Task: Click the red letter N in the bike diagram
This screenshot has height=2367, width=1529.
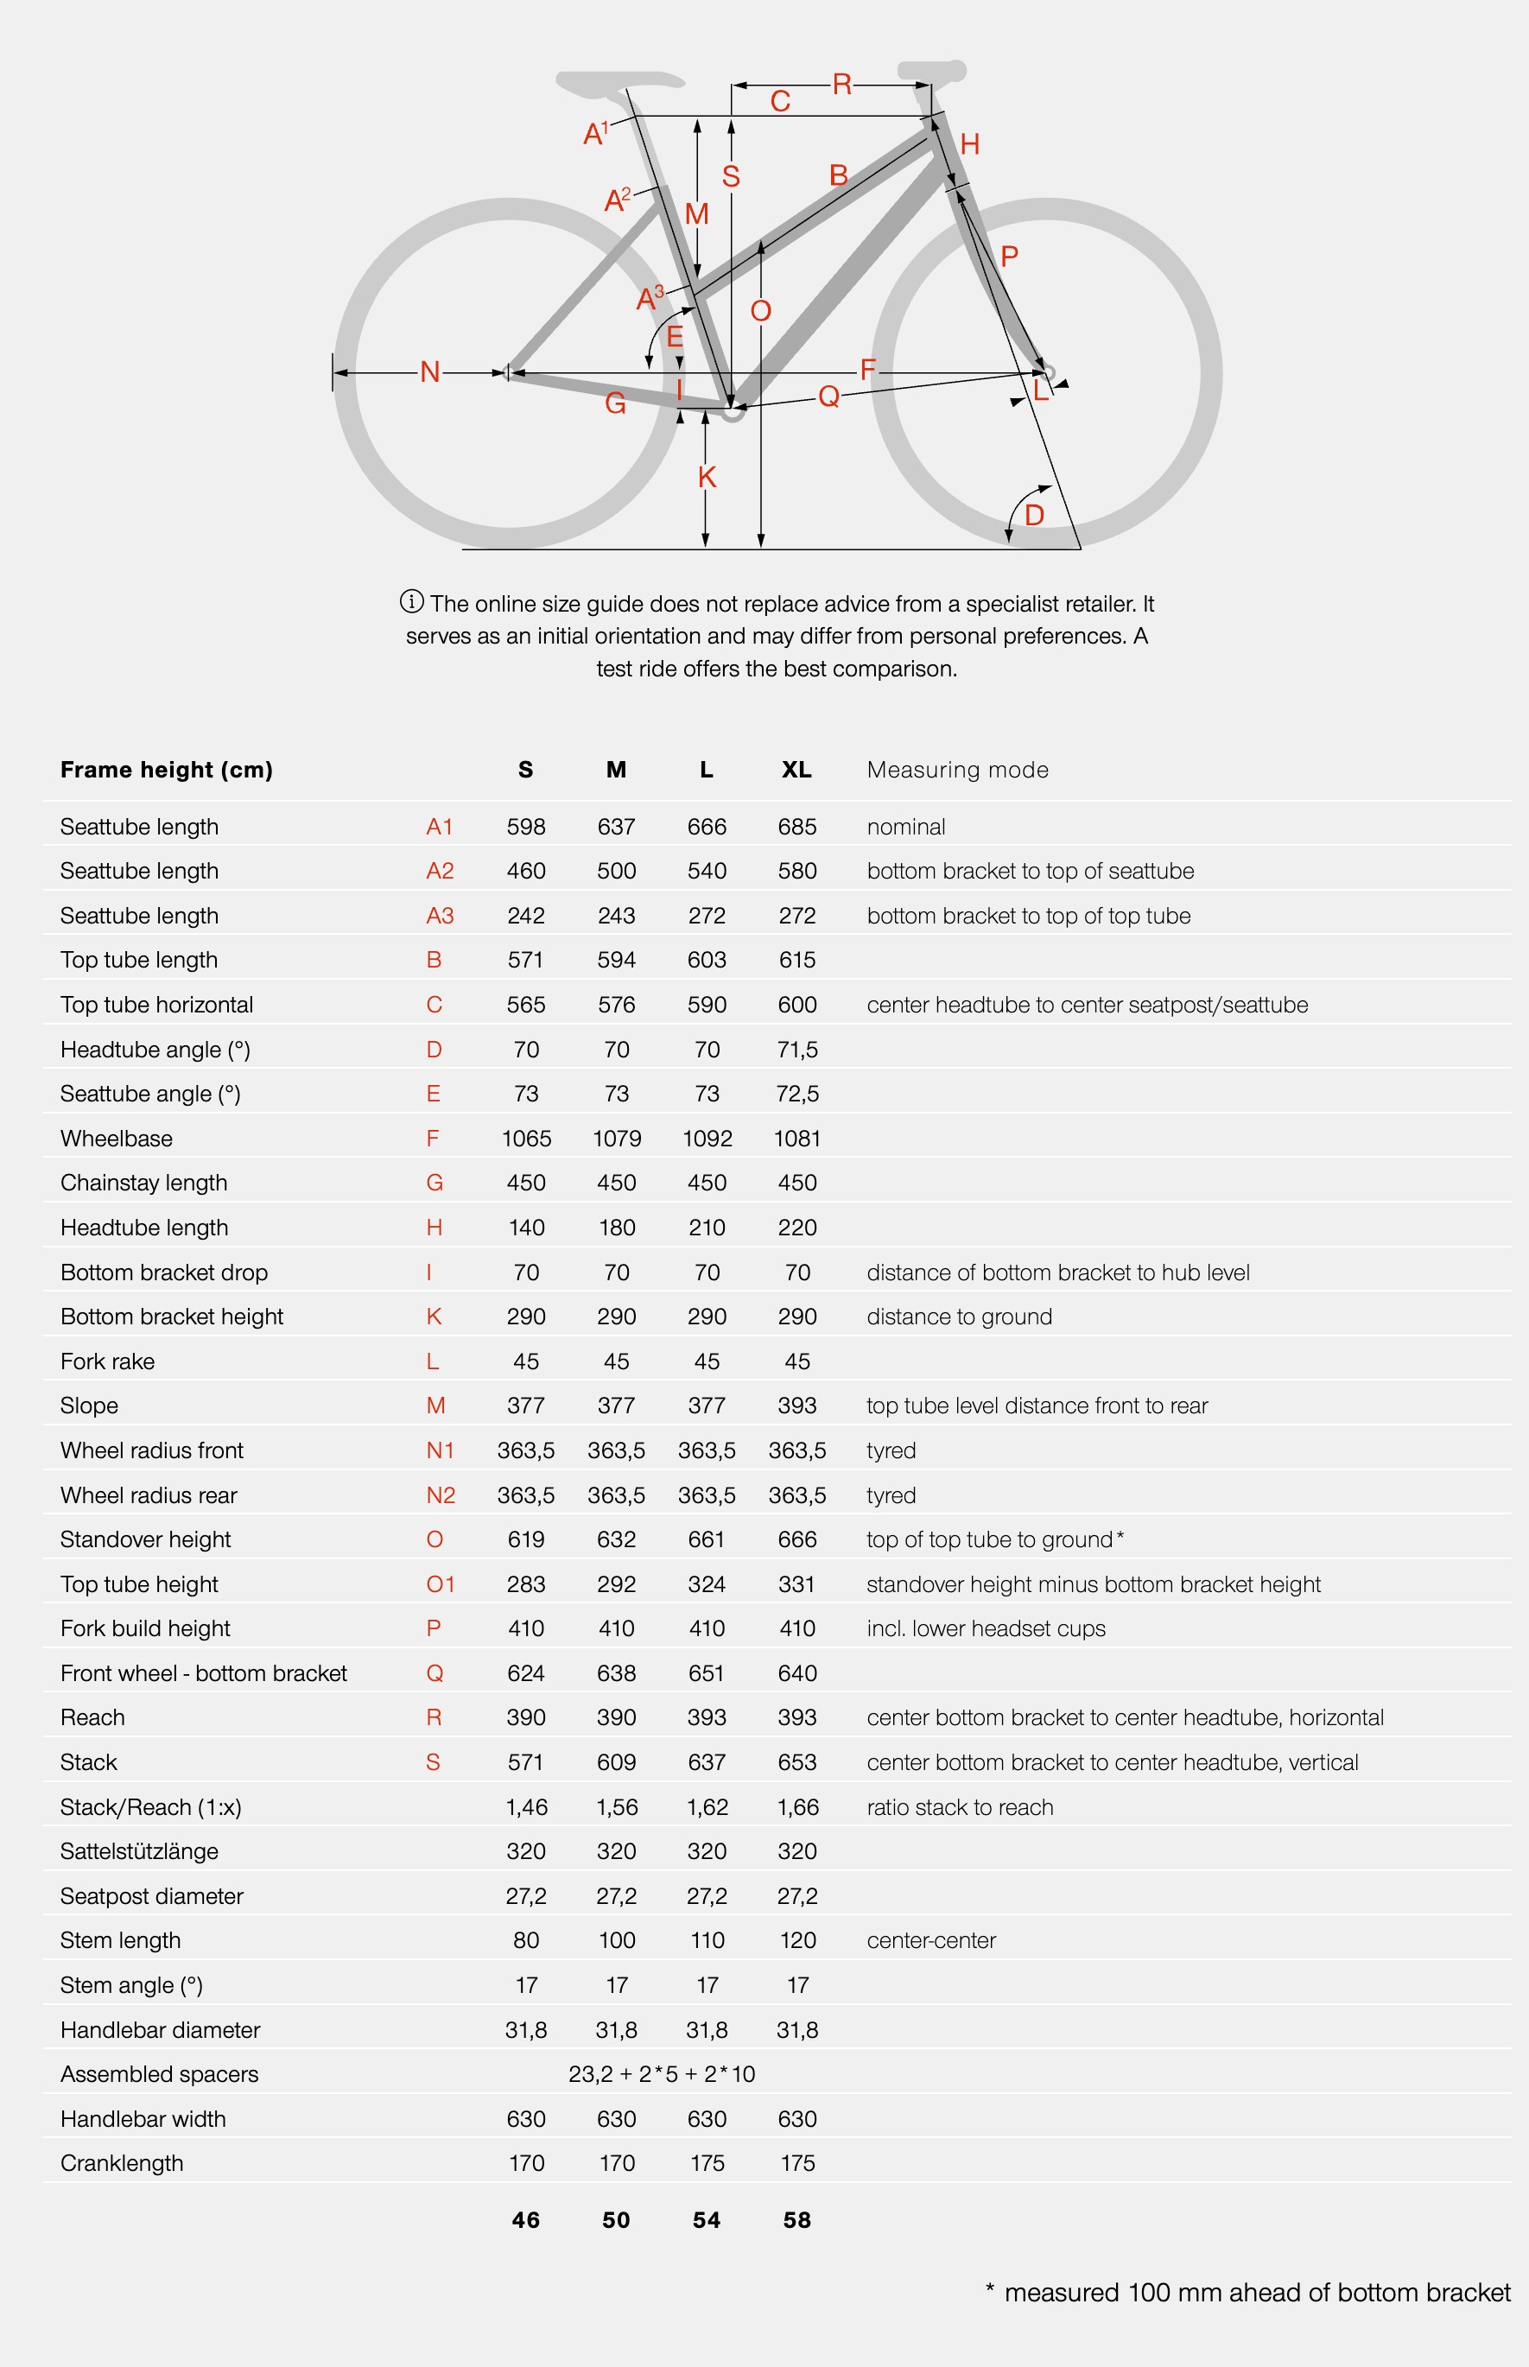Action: [430, 372]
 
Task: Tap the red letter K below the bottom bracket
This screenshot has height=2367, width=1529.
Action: [707, 478]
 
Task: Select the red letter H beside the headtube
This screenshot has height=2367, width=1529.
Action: [970, 145]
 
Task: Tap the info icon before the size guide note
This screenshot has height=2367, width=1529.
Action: [411, 601]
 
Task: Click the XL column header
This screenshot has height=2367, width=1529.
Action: [796, 770]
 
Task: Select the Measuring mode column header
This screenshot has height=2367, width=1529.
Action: [957, 770]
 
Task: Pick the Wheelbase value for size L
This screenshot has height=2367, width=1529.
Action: [707, 1139]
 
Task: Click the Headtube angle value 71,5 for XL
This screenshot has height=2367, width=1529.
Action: [797, 1050]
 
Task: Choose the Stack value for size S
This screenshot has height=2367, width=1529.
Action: [526, 1762]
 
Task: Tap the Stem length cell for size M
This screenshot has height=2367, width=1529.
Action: [617, 1940]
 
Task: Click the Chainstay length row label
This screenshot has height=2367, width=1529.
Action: [144, 1183]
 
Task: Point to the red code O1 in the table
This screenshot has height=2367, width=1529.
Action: [440, 1584]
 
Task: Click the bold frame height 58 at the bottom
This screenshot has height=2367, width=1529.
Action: [797, 2220]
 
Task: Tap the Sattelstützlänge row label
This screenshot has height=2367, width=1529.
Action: [139, 1850]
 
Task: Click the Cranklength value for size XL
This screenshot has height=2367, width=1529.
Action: [797, 2163]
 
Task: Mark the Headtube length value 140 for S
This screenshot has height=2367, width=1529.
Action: [526, 1228]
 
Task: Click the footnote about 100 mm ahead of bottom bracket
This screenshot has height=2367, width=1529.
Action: [1248, 2293]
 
